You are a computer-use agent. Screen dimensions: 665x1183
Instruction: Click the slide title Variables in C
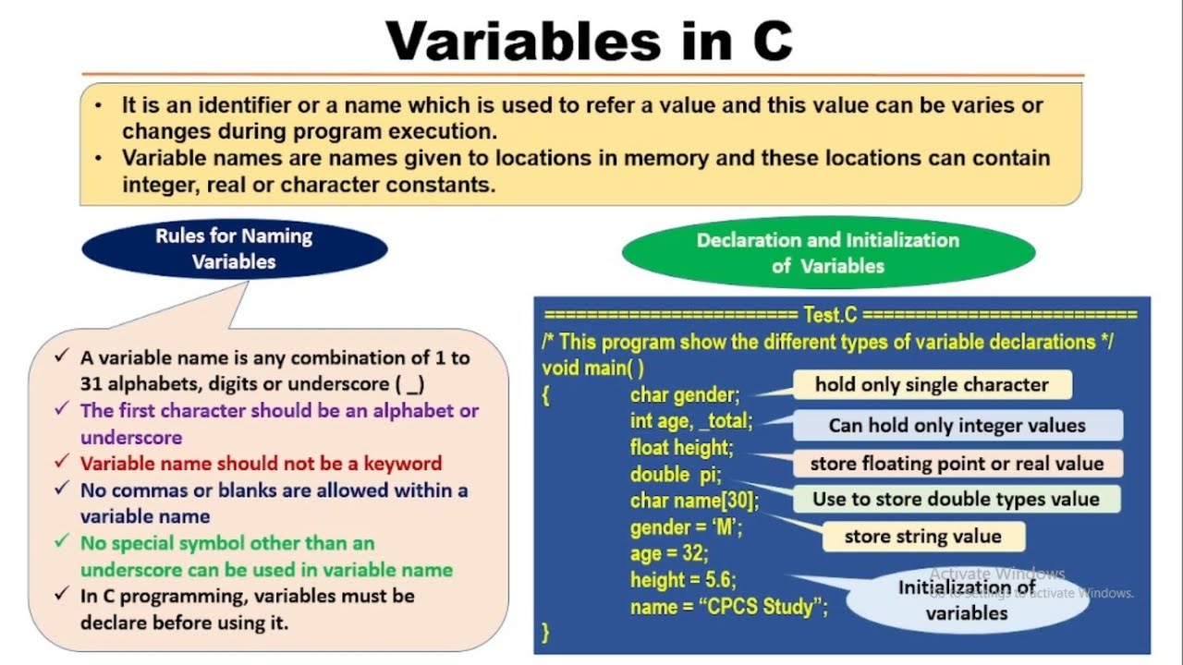tap(589, 41)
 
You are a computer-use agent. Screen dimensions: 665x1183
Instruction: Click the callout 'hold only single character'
tap(932, 385)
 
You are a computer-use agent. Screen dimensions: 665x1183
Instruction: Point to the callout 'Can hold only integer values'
tap(957, 426)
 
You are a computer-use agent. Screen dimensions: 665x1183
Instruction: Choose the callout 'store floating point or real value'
tap(957, 464)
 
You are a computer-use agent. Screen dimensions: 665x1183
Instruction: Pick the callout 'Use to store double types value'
tap(956, 500)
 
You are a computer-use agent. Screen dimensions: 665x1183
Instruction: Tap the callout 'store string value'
tap(922, 537)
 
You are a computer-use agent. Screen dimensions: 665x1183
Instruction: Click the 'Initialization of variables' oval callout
tap(966, 599)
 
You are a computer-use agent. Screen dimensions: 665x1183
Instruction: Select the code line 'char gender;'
tap(685, 395)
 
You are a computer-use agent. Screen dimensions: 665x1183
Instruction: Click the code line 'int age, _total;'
tap(691, 421)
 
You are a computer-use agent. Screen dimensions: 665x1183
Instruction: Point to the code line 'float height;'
tap(681, 448)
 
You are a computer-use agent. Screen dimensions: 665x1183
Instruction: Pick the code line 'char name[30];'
tap(694, 501)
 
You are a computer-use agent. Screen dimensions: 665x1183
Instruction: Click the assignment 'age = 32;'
tap(669, 554)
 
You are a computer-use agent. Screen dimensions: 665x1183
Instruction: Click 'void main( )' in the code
tap(592, 368)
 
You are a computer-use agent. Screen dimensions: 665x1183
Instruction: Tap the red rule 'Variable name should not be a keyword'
tap(261, 464)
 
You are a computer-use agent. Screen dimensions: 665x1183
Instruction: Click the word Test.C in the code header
tap(831, 315)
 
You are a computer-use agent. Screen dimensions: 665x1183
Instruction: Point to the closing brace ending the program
tap(546, 633)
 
